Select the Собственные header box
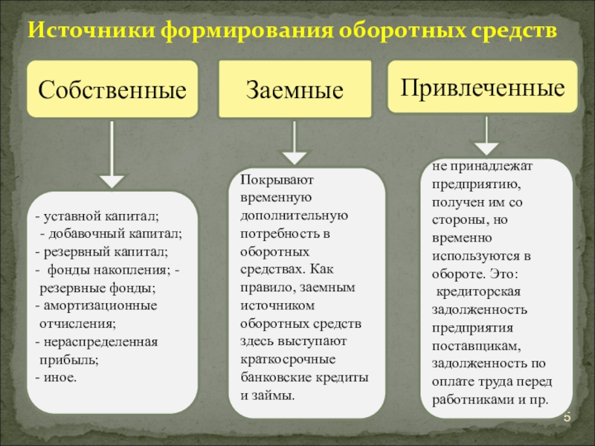(x=112, y=91)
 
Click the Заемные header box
(x=295, y=91)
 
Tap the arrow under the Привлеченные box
(x=486, y=137)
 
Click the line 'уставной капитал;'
(x=100, y=216)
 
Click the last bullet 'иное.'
(x=59, y=377)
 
